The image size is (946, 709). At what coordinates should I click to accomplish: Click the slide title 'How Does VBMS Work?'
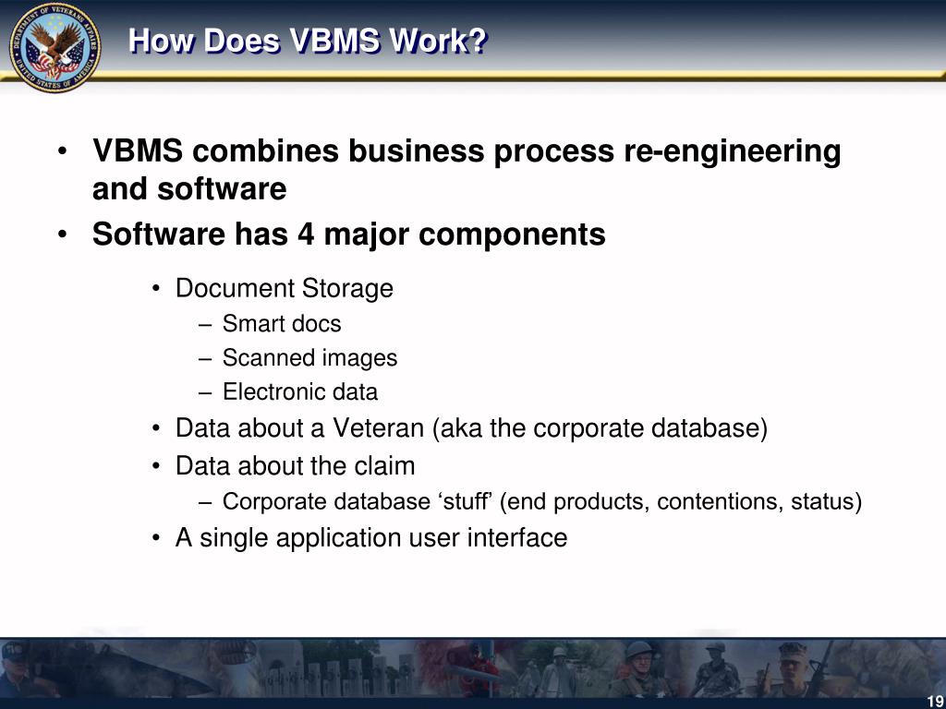coord(307,42)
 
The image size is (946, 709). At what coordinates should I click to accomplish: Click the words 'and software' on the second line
coord(188,189)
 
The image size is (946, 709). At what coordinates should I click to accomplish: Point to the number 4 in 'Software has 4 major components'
coord(306,234)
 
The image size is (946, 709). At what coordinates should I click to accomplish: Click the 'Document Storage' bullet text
coord(284,289)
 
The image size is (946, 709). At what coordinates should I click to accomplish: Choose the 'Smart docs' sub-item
coord(281,324)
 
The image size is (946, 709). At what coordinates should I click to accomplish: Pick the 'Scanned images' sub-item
coord(309,358)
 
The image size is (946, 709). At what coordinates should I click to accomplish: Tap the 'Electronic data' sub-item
coord(299,392)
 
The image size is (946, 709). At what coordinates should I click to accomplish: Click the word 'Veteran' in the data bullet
coord(379,429)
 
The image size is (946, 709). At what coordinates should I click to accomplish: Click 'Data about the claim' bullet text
coord(295,466)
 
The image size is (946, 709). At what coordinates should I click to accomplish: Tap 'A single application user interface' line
coord(370,537)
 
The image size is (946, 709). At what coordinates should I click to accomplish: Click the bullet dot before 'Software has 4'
coord(61,235)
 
